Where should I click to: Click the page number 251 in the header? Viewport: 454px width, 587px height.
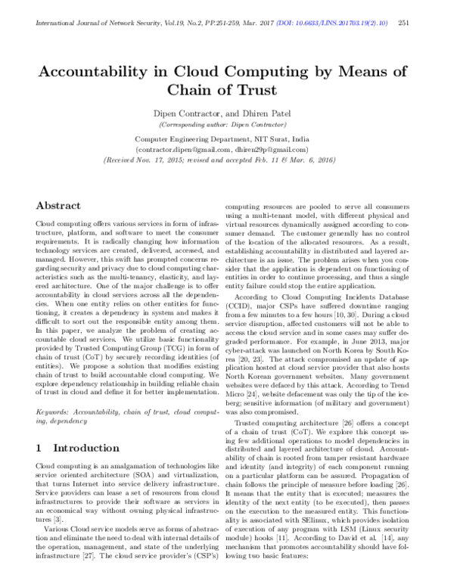point(424,23)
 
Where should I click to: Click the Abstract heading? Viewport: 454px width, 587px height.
point(60,205)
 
